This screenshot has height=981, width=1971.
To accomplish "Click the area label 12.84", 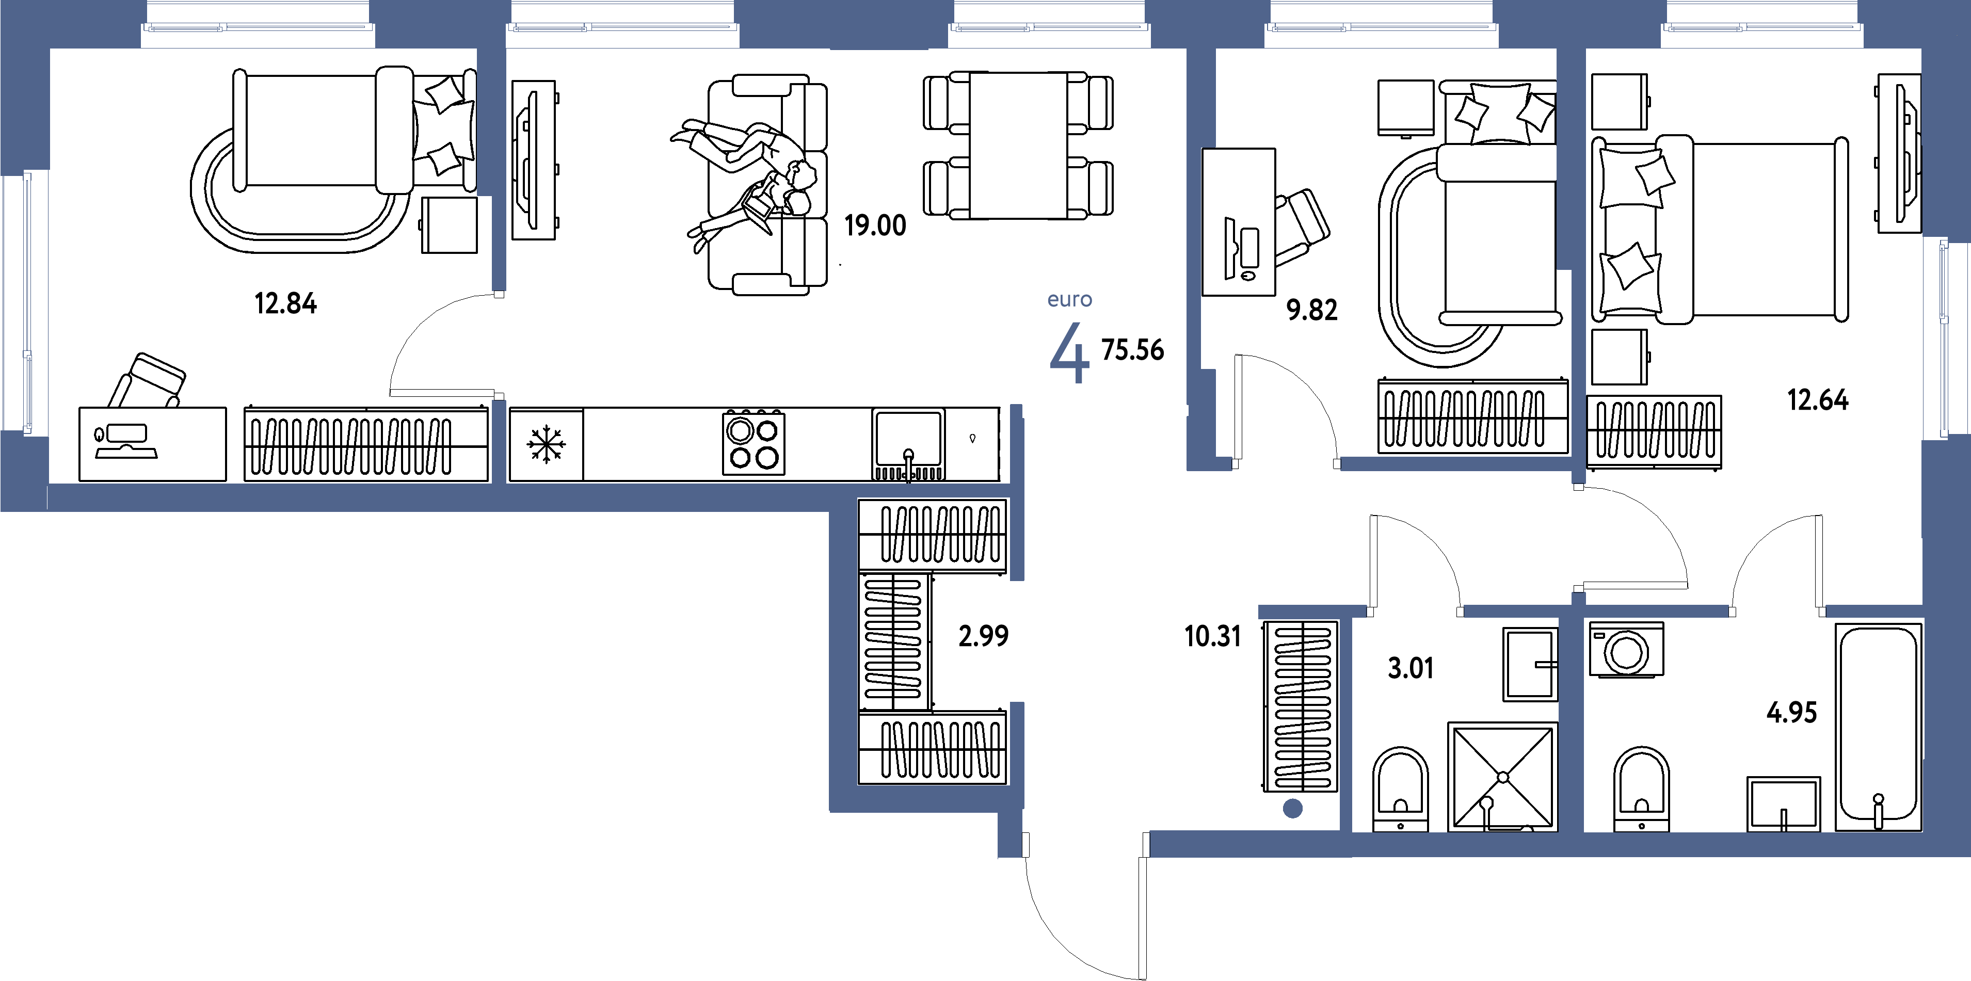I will pos(285,304).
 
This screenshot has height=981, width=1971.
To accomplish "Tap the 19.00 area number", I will pos(875,226).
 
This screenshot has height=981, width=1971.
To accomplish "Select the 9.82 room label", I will pos(1311,311).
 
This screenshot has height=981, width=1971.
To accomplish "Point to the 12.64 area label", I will pos(1818,400).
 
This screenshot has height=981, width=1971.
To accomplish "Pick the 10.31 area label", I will pos(1212,636).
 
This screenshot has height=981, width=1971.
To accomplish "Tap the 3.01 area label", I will pos(1410,669).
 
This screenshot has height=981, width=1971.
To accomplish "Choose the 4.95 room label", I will pos(1791,713).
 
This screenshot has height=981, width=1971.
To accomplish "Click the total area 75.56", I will pos(1132,350).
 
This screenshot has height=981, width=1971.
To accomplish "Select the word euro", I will pos(1070,300).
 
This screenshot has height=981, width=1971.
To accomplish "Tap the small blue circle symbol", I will pos(1292,809).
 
